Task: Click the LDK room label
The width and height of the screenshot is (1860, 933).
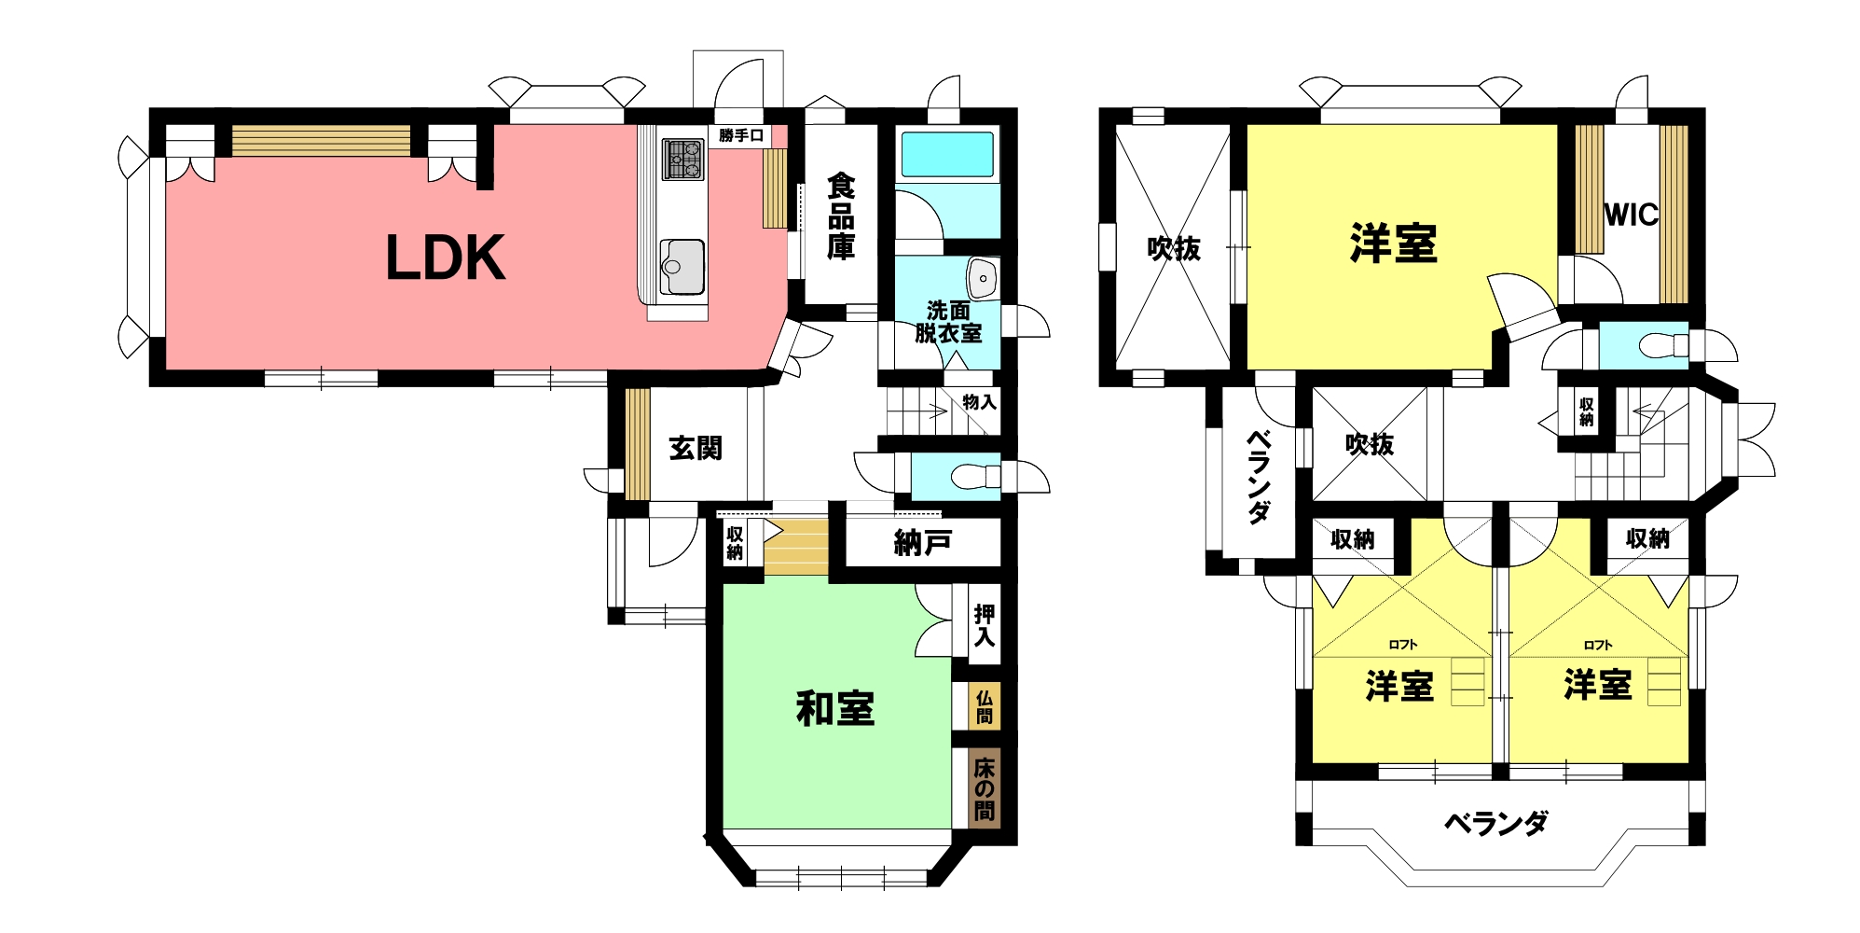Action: tap(446, 258)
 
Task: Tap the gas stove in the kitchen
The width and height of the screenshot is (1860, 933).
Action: tap(682, 159)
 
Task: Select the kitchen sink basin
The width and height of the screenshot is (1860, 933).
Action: tap(682, 266)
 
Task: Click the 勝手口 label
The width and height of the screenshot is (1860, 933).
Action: tap(741, 136)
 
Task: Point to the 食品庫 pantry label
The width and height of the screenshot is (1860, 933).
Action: tap(841, 217)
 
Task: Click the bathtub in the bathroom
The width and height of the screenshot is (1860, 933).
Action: tap(946, 154)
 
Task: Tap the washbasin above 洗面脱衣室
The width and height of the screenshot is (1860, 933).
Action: tap(983, 276)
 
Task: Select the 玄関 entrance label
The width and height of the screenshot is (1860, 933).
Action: tap(696, 448)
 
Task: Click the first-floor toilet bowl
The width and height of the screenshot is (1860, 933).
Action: tap(971, 477)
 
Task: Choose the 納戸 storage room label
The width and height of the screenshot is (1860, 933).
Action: tap(922, 543)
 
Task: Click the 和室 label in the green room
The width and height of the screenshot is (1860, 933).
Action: tap(835, 709)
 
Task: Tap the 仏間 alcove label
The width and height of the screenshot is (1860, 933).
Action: tap(985, 707)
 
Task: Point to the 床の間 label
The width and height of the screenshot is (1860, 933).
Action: tap(985, 789)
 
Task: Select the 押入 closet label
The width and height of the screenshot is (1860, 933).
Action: tap(985, 626)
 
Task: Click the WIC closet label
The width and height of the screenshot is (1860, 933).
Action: tap(1632, 216)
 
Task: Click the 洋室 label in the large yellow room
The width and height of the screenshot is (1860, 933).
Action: tap(1393, 244)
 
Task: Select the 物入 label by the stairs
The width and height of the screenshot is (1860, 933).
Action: tap(979, 402)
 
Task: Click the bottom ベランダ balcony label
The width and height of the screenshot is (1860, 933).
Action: tap(1496, 823)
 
